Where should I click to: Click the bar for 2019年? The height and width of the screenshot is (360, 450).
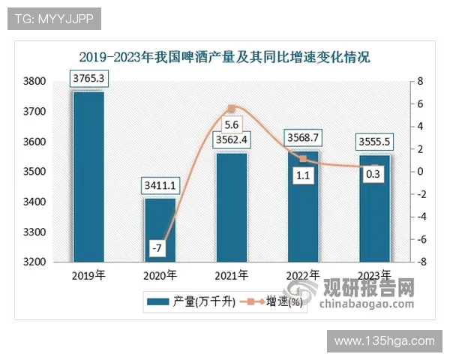[x=88, y=176]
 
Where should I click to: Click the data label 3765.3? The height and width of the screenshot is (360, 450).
[x=88, y=78]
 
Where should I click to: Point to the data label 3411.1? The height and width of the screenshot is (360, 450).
[x=160, y=184]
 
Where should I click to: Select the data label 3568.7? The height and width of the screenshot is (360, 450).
[x=303, y=137]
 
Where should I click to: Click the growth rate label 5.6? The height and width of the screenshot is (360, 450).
[x=231, y=124]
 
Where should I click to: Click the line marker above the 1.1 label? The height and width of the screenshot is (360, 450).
[x=303, y=159]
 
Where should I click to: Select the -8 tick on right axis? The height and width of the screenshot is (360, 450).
[x=422, y=262]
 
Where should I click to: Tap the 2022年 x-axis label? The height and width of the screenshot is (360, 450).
[x=303, y=275]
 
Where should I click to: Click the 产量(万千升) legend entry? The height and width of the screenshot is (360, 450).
[x=192, y=301]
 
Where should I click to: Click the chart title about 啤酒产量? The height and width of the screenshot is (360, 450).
[x=225, y=56]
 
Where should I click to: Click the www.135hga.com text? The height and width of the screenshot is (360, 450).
[x=384, y=341]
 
